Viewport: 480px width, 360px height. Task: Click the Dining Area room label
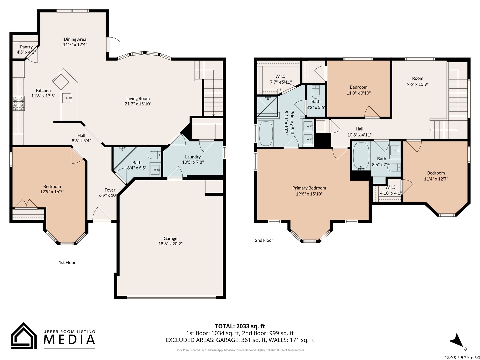[75, 39]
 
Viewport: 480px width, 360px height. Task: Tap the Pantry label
[26, 47]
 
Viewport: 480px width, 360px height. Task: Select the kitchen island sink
[67, 98]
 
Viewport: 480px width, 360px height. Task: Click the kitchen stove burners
[19, 103]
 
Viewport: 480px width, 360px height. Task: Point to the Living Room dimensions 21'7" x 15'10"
[138, 104]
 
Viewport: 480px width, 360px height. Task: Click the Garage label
[170, 238]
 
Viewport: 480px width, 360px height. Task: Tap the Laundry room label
[193, 157]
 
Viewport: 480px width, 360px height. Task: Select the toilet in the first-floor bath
[154, 155]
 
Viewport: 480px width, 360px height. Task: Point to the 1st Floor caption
[67, 263]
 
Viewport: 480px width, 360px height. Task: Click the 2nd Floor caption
[264, 240]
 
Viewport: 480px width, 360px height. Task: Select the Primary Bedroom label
[309, 188]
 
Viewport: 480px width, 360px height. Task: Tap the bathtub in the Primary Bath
[266, 133]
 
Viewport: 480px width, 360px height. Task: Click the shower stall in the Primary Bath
[267, 107]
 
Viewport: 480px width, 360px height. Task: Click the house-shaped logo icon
[24, 336]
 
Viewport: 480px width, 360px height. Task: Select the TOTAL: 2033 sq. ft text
[240, 326]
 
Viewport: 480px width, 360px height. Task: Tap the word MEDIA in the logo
[69, 339]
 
